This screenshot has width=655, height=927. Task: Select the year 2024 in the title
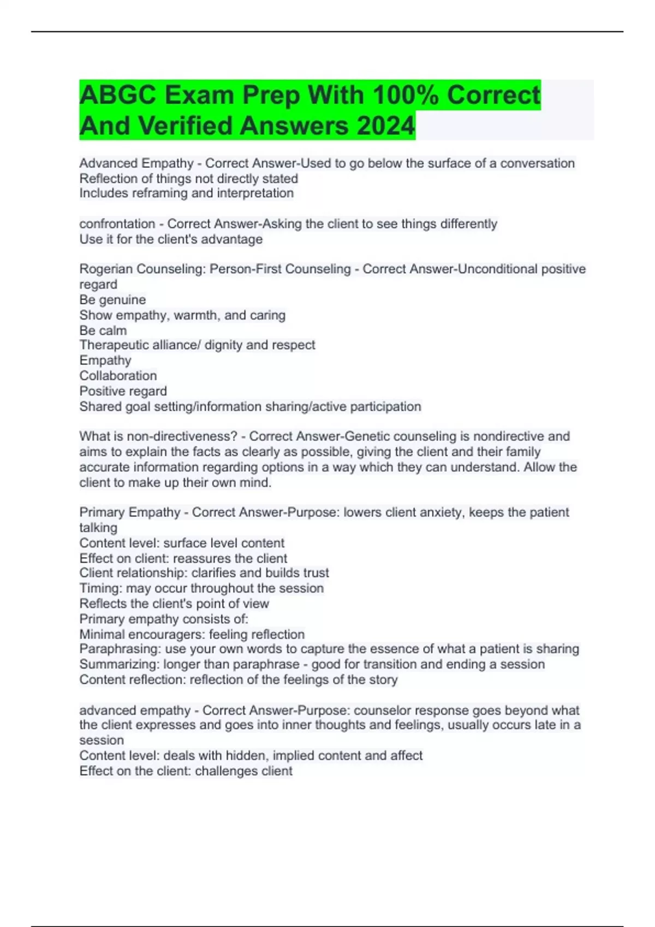coord(385,126)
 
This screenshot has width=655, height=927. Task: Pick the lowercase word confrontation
coord(117,224)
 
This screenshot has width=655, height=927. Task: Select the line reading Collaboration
coord(118,376)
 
